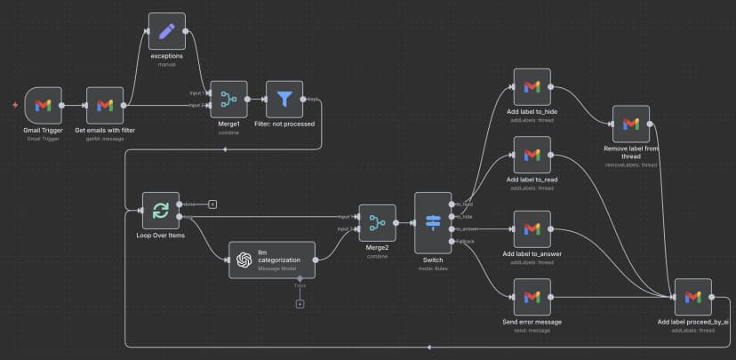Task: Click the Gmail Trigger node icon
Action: (x=43, y=105)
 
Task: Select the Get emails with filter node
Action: (x=105, y=105)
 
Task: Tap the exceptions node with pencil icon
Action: (x=166, y=31)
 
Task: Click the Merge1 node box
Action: (x=228, y=99)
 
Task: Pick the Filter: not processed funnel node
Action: (x=284, y=99)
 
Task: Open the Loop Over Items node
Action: (x=161, y=211)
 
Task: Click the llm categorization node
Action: (x=272, y=260)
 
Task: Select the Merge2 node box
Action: (x=377, y=223)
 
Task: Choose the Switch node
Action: (x=434, y=222)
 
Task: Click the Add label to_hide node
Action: (x=532, y=86)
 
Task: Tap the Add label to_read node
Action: (x=532, y=155)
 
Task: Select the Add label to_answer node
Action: (x=532, y=229)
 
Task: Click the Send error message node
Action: (x=532, y=297)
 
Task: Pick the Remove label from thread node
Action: (x=630, y=124)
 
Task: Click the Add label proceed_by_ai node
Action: (x=692, y=297)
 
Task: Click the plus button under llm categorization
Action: (x=300, y=304)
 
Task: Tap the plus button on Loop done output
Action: (x=212, y=204)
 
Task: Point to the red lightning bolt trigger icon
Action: (x=14, y=106)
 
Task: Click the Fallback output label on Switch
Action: (x=464, y=241)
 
